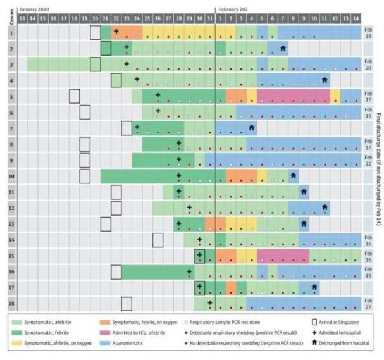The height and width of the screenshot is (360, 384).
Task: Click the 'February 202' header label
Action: (x=237, y=10)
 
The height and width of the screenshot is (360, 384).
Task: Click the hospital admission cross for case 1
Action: (x=116, y=30)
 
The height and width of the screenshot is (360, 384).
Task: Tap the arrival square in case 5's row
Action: (x=75, y=96)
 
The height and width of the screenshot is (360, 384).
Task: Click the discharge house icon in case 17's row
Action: (x=314, y=286)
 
